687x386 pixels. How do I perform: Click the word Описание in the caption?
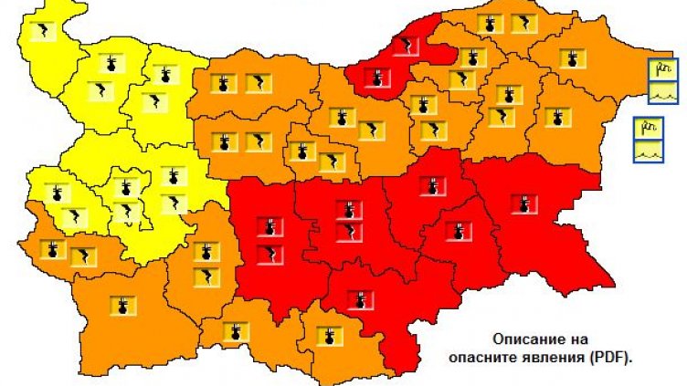(524, 338)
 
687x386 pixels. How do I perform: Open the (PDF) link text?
(617, 357)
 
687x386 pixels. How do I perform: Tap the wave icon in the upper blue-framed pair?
(662, 90)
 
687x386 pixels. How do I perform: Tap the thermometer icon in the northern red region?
(376, 80)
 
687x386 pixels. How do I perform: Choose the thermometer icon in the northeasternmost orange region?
(575, 60)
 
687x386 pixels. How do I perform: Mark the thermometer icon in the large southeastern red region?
(523, 203)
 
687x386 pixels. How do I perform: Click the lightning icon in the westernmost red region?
(270, 255)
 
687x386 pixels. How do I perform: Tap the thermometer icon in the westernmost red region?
(270, 225)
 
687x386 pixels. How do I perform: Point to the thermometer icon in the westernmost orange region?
(53, 248)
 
